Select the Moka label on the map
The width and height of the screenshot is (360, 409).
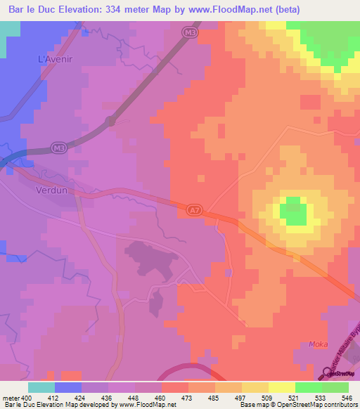click(x=319, y=344)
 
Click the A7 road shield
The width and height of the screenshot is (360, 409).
click(x=195, y=209)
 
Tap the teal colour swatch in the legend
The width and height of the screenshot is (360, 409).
click(x=41, y=387)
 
